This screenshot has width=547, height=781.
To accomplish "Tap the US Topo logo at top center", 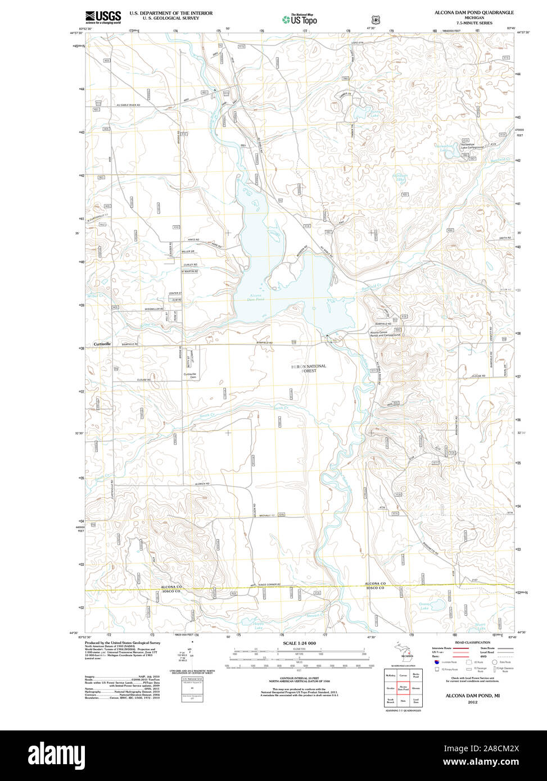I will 300,19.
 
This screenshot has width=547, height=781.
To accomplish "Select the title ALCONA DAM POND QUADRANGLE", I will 473,12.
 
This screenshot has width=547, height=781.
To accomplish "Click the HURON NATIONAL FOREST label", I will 308,369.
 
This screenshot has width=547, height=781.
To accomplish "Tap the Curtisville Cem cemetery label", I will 190,376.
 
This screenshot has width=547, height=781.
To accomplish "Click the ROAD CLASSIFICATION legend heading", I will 472,642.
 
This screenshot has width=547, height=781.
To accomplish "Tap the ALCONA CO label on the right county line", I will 375,584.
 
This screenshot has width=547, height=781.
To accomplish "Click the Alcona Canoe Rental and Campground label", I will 385,334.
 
